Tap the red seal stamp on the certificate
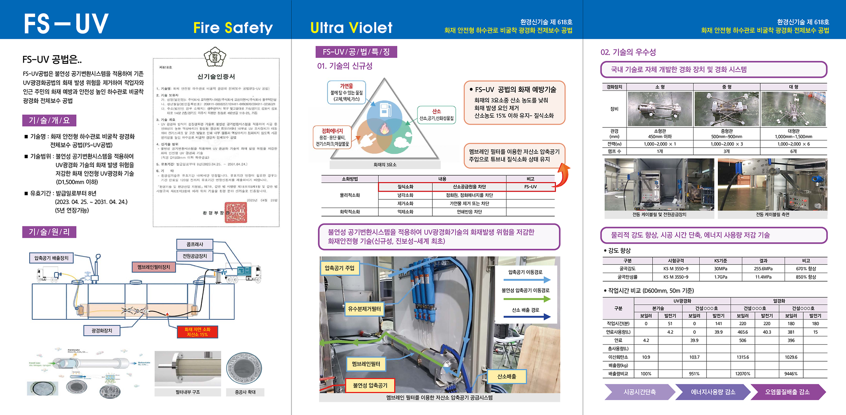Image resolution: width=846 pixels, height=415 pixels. click(x=236, y=212)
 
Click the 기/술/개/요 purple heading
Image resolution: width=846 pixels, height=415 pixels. click(x=49, y=121)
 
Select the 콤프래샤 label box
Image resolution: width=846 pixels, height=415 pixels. click(x=195, y=244)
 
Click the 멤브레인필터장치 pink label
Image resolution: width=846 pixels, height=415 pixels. click(x=154, y=267)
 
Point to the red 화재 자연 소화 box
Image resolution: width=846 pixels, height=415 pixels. click(x=197, y=332)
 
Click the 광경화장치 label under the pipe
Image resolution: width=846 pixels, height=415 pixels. click(x=102, y=330)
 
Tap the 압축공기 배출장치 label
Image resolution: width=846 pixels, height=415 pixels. click(x=51, y=258)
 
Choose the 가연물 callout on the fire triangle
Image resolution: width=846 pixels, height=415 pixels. click(x=346, y=92)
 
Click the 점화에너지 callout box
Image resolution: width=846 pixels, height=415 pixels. click(x=332, y=137)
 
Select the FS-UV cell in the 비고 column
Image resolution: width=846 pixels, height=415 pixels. click(x=530, y=187)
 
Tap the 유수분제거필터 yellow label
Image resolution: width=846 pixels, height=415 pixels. click(x=364, y=309)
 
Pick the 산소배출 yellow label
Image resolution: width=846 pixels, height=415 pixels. click(x=506, y=376)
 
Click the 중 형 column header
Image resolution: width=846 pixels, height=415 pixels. click(x=726, y=87)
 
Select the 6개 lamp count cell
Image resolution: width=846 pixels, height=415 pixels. click(x=793, y=151)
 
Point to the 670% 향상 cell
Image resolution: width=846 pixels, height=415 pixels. click(x=805, y=269)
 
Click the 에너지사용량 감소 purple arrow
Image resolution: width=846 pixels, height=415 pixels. click(x=713, y=392)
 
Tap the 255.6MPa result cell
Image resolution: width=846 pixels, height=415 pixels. click(x=763, y=269)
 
